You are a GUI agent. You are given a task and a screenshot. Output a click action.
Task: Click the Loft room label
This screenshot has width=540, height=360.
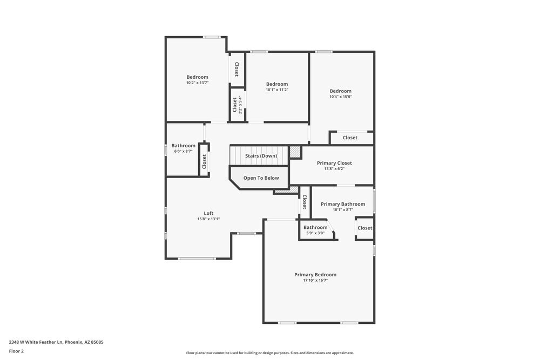point(208,213)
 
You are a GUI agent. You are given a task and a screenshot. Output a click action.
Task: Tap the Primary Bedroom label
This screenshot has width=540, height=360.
point(315,275)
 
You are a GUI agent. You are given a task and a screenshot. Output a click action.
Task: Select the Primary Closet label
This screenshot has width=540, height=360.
point(334,163)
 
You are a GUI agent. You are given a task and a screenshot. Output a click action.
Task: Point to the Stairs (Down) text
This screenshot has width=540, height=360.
point(261,156)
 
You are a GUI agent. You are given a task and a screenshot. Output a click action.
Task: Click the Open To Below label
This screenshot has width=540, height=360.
point(261,178)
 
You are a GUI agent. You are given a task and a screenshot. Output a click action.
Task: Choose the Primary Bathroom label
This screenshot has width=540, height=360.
point(343,204)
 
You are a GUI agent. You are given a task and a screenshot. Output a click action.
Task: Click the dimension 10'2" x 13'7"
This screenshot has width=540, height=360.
point(197,83)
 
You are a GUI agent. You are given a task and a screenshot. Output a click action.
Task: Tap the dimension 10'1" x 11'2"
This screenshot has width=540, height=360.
point(277,90)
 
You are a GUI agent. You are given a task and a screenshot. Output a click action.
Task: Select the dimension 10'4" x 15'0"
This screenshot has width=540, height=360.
point(341,97)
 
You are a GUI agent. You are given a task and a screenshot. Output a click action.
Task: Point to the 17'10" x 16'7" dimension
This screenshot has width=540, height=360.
point(315,281)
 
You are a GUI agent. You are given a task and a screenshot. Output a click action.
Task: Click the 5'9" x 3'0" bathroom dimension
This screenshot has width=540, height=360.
point(315,233)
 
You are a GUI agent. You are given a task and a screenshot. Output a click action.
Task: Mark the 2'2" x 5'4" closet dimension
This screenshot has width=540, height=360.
point(240,105)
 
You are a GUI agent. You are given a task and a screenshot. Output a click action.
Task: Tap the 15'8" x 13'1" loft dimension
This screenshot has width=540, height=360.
point(208,219)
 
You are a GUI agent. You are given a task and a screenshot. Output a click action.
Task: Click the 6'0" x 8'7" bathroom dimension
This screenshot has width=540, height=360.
point(184,152)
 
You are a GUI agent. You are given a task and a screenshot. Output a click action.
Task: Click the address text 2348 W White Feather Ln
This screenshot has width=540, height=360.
point(56,342)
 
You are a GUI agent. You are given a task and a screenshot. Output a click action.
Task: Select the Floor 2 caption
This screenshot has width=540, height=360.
point(16,351)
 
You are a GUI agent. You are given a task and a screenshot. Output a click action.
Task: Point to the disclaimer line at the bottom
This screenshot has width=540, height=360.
point(270,353)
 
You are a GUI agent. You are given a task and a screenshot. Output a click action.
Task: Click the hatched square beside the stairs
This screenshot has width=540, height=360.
point(295,152)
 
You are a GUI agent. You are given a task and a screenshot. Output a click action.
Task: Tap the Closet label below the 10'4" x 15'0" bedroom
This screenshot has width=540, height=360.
point(350,138)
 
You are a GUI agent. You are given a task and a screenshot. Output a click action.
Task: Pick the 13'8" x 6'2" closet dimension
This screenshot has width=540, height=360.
point(334,169)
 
